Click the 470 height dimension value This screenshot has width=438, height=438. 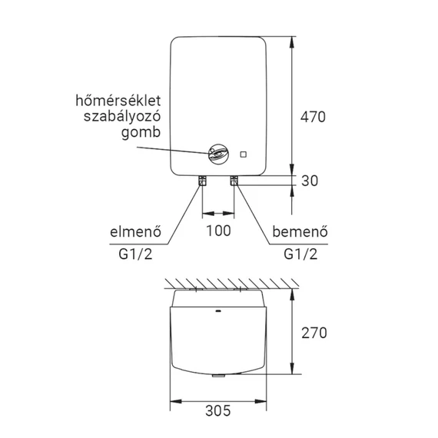tap(313, 117)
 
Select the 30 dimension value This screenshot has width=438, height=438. tap(310, 181)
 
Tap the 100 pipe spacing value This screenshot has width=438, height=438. tap(218, 231)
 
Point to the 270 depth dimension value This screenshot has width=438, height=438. tap(314, 333)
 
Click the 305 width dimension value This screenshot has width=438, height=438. tap(218, 410)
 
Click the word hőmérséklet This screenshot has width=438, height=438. tap(118, 101)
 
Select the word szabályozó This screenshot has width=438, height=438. tap(122, 117)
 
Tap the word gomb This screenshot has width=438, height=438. tap(141, 133)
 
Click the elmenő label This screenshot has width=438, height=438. tap(135, 232)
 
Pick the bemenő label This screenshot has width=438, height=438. tap(300, 232)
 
